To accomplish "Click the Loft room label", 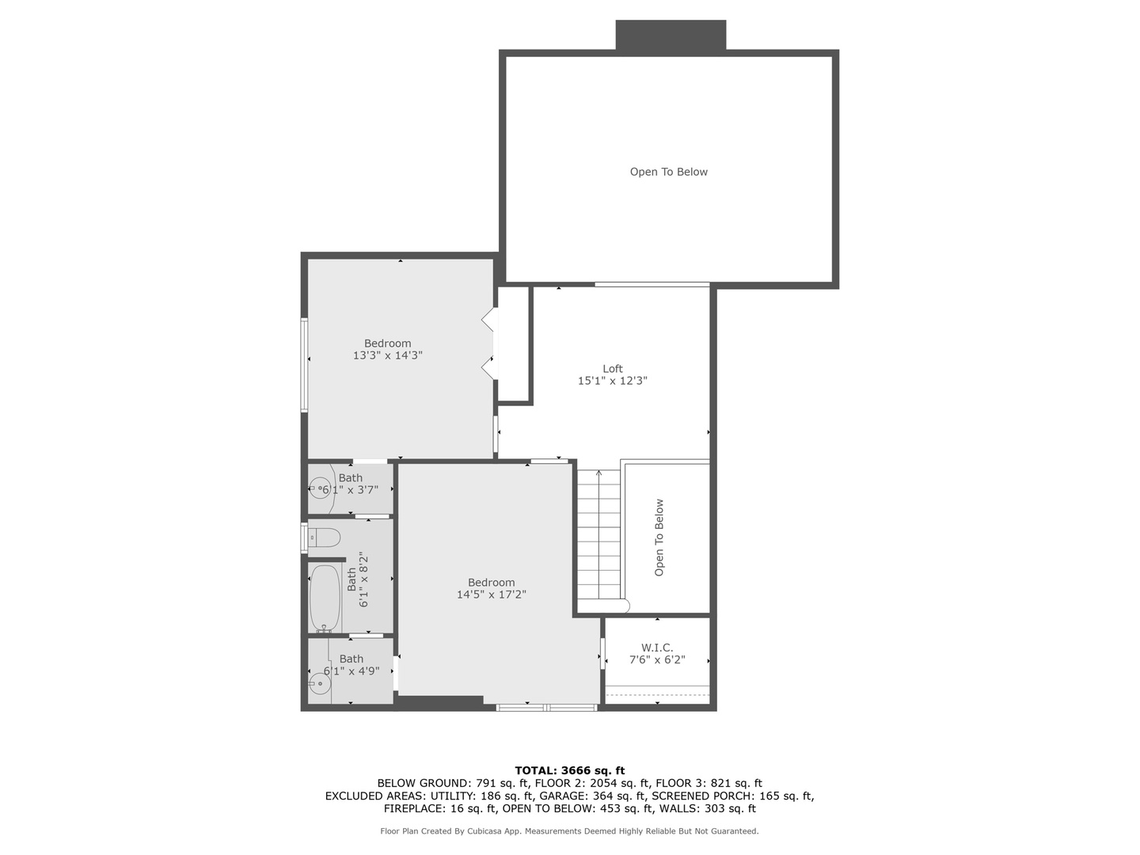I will pos(613,369).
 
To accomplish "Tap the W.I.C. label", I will pos(657,648).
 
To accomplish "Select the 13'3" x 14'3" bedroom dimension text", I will pos(388,355).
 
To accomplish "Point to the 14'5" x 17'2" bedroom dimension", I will pos(491,595).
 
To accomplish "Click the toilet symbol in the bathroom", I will pos(323,538).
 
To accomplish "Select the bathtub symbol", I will pos(325,598).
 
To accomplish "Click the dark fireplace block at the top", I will pos(671,36).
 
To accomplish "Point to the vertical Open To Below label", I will pos(659,538).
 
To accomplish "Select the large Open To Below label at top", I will pos(669,172).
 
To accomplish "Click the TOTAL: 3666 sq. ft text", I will pos(570,770).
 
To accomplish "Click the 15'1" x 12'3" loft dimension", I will pos(613,381).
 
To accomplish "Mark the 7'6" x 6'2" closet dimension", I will pos(657,659).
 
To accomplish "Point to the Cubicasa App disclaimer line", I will pos(570,831).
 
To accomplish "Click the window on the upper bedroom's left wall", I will pos(304,365).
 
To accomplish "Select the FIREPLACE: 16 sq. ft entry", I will pos(440,808).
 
